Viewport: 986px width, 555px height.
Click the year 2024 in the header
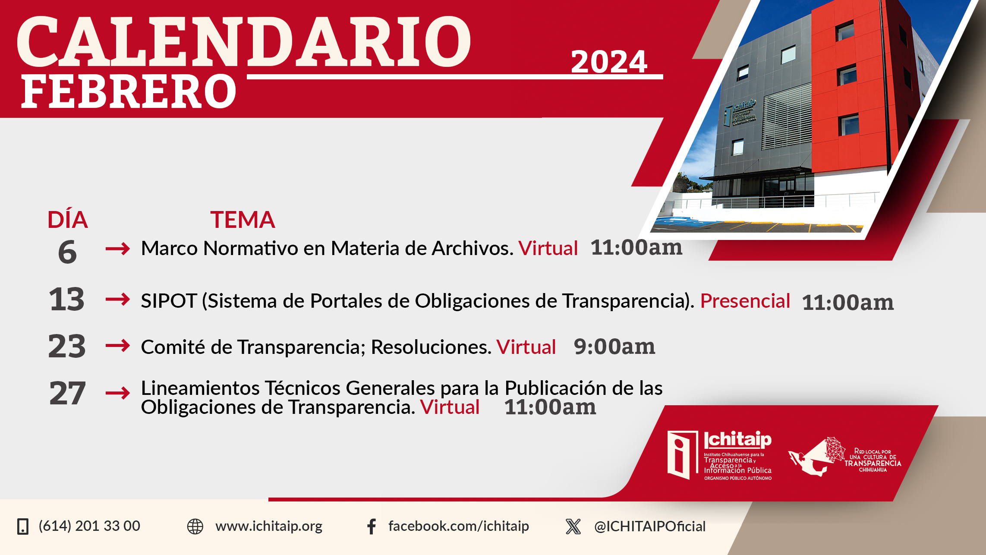609,62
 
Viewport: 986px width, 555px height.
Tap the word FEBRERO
129,91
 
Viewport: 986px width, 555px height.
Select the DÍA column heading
68,220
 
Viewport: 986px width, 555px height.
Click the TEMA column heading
243,220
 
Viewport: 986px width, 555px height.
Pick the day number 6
67,252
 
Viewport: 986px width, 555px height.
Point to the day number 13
66,299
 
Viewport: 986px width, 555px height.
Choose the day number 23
67,346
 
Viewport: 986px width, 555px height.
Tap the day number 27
67,393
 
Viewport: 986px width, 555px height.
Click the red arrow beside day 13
118,299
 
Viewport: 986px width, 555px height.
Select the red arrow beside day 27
118,393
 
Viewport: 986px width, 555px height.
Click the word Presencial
745,301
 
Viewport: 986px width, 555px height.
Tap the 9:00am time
614,347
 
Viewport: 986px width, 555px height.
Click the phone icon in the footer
23,527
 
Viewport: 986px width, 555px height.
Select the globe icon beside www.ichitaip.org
195,527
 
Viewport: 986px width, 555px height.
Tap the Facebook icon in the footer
372,527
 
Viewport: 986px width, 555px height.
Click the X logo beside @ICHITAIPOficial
573,527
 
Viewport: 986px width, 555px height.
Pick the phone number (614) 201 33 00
89,526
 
